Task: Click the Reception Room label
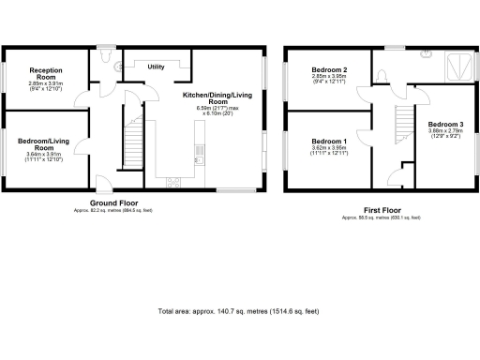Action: (x=45, y=73)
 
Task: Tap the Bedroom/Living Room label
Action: (x=45, y=144)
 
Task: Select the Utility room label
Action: (x=157, y=67)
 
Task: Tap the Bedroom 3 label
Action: (x=445, y=125)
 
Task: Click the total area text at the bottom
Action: (x=239, y=310)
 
